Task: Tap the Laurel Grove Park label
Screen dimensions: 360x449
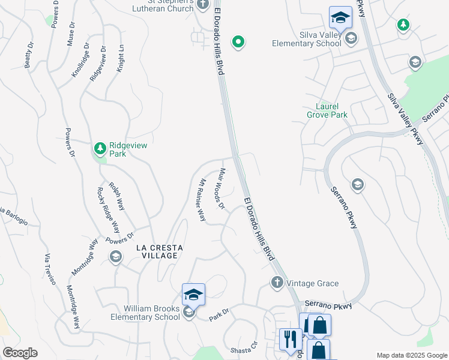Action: pyautogui.click(x=327, y=109)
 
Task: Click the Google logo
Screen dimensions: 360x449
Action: pyautogui.click(x=20, y=353)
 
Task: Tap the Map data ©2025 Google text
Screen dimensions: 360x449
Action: pyautogui.click(x=411, y=355)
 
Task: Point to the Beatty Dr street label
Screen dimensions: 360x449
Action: pyautogui.click(x=29, y=54)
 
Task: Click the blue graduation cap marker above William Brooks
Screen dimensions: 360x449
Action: pyautogui.click(x=193, y=294)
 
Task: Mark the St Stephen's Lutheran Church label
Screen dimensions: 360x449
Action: pyautogui.click(x=163, y=5)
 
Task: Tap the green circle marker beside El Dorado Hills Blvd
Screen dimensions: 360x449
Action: pyautogui.click(x=238, y=42)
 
